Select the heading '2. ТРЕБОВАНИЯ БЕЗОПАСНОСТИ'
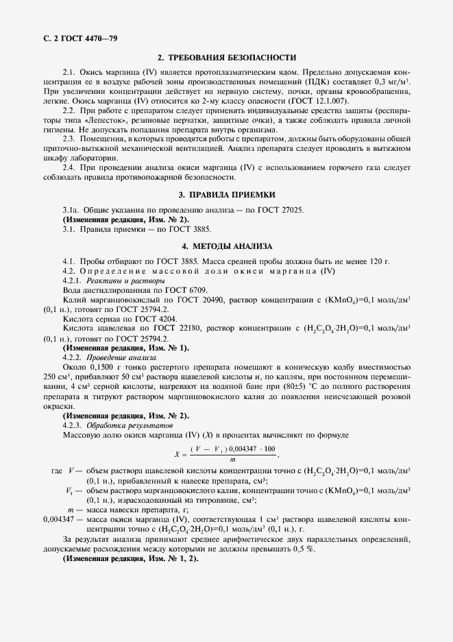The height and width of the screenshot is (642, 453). (x=227, y=58)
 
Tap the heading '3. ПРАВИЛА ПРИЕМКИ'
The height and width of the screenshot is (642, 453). (x=227, y=195)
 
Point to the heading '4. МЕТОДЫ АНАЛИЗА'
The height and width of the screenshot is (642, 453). (x=227, y=246)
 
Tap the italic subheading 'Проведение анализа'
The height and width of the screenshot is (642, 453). (x=123, y=357)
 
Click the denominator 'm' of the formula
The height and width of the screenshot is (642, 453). (x=233, y=460)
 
